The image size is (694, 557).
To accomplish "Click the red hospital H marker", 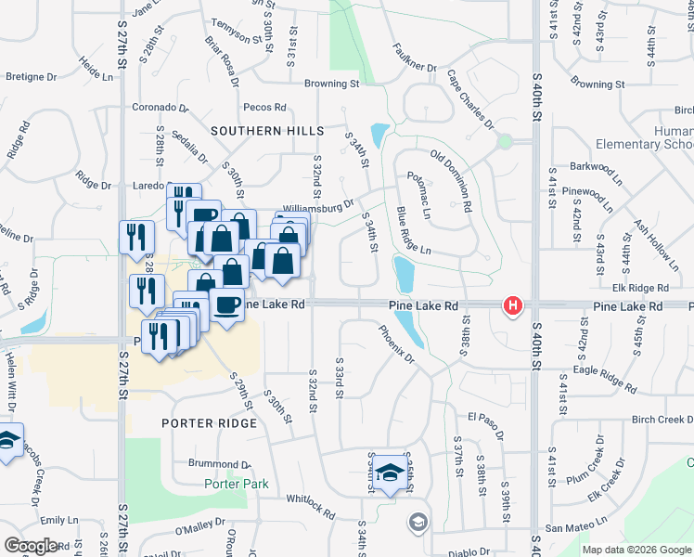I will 511,305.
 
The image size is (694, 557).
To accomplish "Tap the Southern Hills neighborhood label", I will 267,132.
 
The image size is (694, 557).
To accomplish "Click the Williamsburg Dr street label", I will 319,205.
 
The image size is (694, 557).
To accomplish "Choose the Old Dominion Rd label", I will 452,178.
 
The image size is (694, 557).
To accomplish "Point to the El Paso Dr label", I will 484,417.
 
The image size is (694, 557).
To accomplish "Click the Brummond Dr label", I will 214,463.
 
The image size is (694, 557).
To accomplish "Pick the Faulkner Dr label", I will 414,58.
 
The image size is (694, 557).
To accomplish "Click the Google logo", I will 31,546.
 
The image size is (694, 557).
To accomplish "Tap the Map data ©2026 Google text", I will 636,550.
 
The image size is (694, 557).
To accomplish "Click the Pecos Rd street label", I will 266,108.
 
